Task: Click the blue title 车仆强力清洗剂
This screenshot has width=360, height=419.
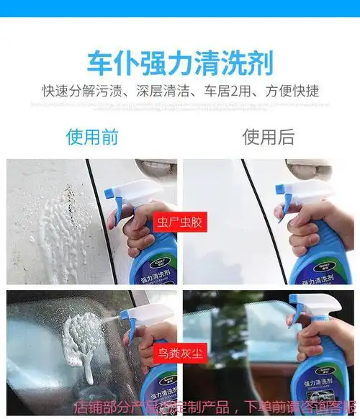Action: pos(179,63)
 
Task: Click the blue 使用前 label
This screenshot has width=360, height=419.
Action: pos(91,137)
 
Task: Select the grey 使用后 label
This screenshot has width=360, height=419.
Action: pos(268,137)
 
